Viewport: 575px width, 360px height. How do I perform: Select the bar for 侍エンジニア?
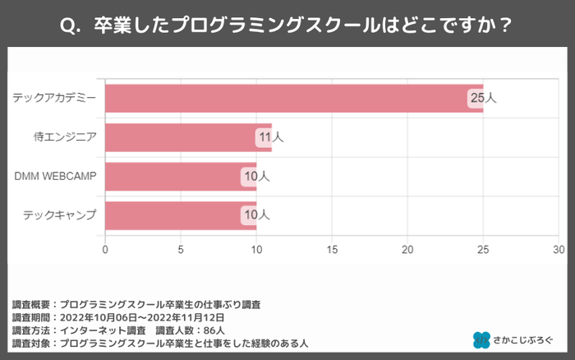(185, 137)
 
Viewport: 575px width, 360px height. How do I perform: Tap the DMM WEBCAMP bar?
(177, 176)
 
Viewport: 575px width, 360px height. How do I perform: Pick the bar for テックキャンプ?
(177, 215)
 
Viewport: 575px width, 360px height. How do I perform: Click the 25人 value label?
(482, 98)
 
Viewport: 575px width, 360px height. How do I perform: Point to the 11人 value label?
(270, 137)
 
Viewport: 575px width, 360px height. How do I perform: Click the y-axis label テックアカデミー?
(54, 98)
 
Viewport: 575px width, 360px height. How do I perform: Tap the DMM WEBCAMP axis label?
(56, 176)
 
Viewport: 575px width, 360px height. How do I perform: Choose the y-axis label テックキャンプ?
(60, 215)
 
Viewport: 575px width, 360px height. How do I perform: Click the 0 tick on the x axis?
(105, 248)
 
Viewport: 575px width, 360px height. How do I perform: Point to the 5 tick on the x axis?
(181, 248)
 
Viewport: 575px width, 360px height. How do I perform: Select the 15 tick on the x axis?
(332, 248)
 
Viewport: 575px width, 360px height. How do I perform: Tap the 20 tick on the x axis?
(407, 248)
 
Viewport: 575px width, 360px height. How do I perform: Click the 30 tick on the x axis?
(559, 248)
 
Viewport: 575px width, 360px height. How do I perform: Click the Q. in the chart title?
(73, 24)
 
